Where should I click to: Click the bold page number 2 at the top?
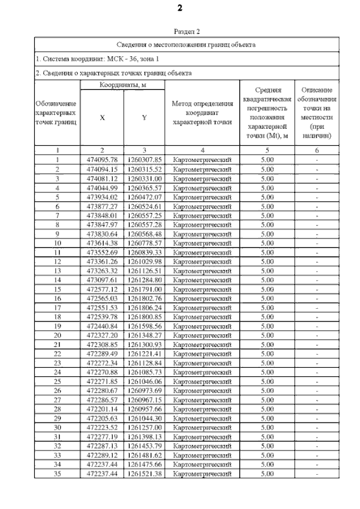tap(179, 8)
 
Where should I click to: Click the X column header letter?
tap(102, 118)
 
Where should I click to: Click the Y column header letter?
tap(144, 118)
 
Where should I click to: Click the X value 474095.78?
tap(102, 160)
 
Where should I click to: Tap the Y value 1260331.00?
tap(144, 178)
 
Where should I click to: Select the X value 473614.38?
tap(102, 242)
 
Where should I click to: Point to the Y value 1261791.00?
tap(144, 288)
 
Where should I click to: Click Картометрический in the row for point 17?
tap(202, 307)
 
